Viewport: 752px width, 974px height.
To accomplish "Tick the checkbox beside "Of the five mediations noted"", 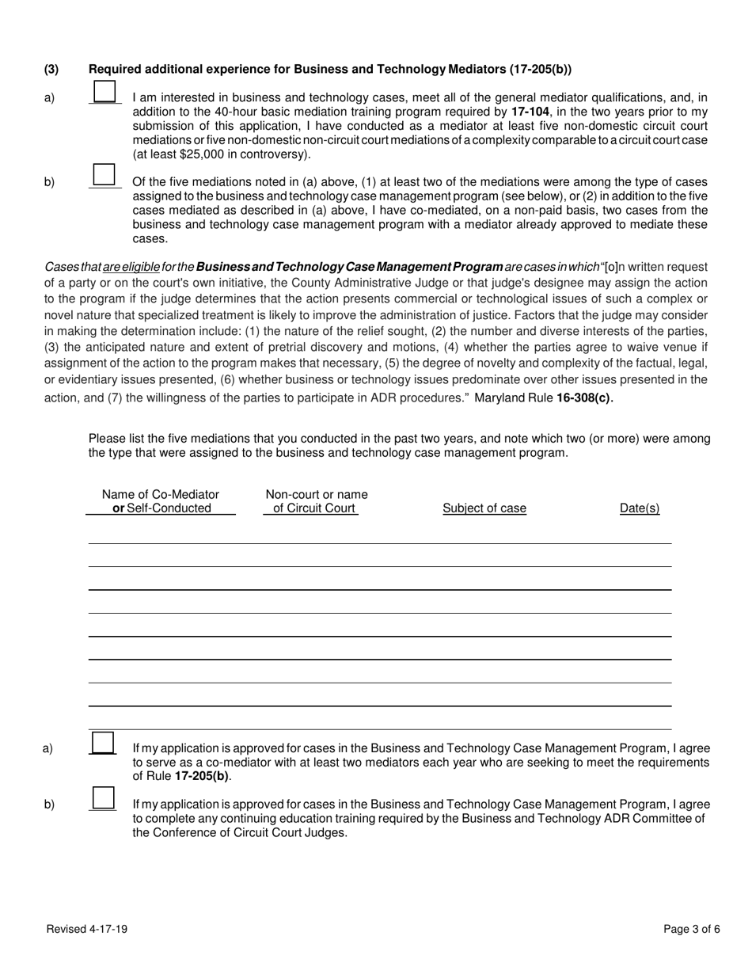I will click(x=105, y=175).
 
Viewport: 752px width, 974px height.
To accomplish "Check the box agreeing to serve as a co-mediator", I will click(x=103, y=742).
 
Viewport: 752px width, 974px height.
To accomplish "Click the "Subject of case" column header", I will click(x=484, y=508).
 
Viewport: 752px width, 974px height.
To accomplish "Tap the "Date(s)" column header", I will click(x=639, y=508).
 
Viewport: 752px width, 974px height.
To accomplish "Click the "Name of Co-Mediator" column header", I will click(x=161, y=495).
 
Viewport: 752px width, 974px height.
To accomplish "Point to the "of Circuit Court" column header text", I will click(x=314, y=508).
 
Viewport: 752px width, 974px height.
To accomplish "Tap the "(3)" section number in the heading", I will click(x=51, y=70).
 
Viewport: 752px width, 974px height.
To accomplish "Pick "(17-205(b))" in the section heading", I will click(x=538, y=70).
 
